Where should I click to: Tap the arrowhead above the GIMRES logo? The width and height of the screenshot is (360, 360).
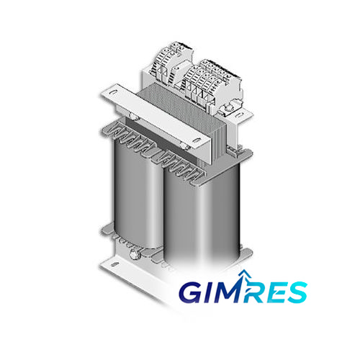[243, 274]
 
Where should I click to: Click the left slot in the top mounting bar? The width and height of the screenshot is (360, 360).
[112, 92]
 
